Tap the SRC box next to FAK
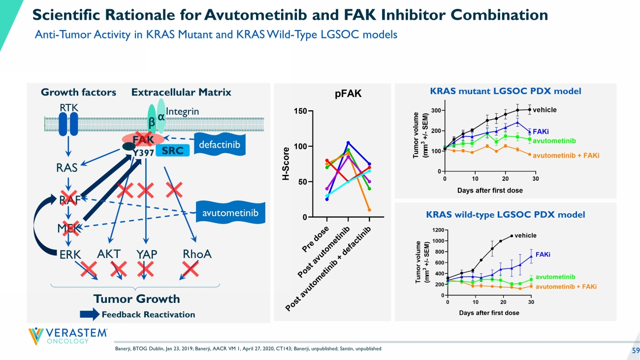point(172,151)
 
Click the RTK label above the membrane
point(68,107)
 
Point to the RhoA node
point(197,254)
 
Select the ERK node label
point(70,254)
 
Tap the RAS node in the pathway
point(67,168)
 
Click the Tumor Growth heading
point(137,299)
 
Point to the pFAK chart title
point(348,94)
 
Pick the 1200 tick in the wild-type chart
point(437,230)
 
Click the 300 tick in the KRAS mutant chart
point(436,110)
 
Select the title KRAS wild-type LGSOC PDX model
point(506,215)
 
